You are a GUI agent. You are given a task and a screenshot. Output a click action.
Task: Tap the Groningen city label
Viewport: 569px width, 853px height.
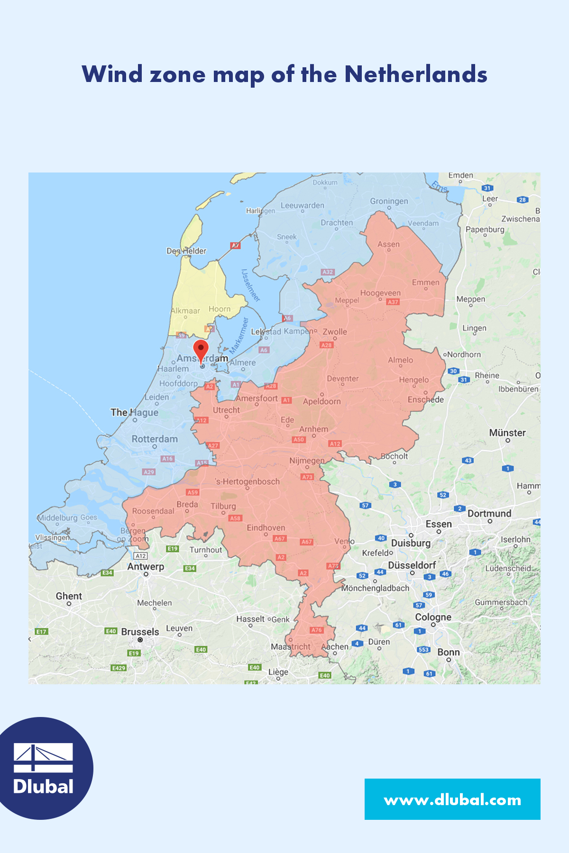389,201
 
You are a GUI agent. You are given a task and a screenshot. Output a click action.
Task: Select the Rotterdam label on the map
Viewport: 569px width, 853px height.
155,439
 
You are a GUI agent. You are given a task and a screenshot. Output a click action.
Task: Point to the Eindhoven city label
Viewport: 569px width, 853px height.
266,528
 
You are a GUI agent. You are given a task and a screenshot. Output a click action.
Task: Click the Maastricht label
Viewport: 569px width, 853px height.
291,647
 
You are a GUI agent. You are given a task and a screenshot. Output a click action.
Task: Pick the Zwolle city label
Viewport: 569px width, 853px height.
335,332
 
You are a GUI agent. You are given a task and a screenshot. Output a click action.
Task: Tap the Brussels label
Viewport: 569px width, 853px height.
140,632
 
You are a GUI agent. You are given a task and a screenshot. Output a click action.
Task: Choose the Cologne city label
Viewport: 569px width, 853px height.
433,617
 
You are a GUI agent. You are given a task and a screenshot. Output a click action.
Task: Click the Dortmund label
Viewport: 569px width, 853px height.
489,514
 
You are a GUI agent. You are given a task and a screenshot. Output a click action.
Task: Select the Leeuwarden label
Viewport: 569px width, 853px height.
303,206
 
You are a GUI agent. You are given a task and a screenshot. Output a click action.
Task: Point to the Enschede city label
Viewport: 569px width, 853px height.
426,399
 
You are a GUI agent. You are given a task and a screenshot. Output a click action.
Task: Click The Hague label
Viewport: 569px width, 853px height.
134,412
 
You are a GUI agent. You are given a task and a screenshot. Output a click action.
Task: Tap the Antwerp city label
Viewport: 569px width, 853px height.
146,567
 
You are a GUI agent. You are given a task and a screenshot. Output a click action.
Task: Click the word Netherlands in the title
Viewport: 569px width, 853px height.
415,74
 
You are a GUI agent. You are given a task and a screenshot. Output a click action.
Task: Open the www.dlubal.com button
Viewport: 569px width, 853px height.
452,800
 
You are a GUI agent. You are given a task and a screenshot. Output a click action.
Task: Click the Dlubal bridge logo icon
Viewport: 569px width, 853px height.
43,757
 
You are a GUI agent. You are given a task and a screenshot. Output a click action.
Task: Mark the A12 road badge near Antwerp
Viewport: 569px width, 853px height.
141,556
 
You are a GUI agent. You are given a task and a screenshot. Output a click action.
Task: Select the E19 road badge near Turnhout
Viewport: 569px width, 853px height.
172,549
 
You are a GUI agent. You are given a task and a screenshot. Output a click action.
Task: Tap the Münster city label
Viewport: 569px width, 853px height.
507,433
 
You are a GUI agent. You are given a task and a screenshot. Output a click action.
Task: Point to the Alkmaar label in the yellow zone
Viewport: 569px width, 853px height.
185,311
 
